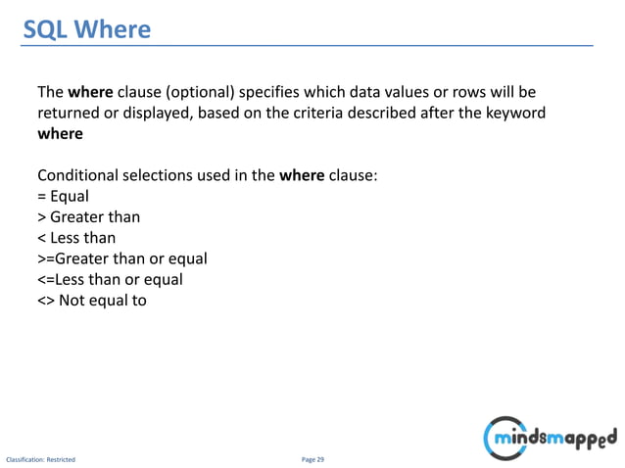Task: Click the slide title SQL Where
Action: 87,30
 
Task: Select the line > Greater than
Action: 88,216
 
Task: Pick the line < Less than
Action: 76,237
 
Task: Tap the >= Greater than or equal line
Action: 121,258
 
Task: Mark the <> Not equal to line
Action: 92,300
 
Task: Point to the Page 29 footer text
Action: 312,458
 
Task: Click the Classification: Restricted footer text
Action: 40,458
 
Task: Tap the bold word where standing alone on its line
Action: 60,135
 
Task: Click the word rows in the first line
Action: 483,93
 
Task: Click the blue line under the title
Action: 312,46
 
